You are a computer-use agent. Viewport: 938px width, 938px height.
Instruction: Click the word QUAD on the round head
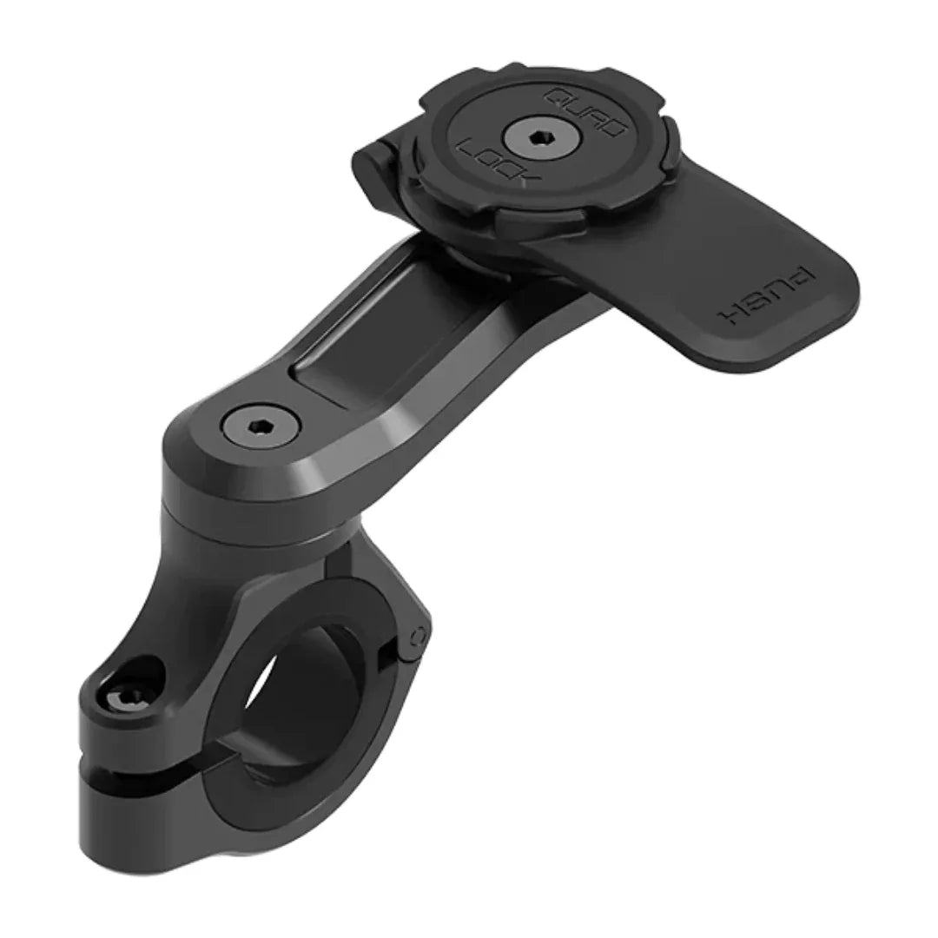coord(585,111)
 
